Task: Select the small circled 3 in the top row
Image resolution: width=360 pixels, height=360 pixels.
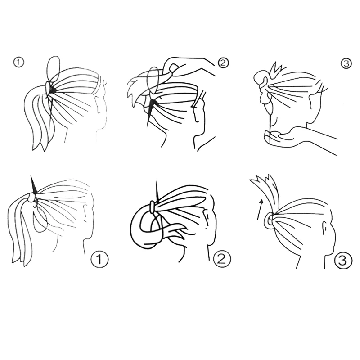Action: (x=346, y=63)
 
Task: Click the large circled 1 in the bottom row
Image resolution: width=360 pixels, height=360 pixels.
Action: (x=99, y=260)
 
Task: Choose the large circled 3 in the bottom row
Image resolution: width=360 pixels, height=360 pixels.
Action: (x=343, y=260)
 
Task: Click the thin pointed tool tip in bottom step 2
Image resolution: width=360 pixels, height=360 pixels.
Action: (x=157, y=187)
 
